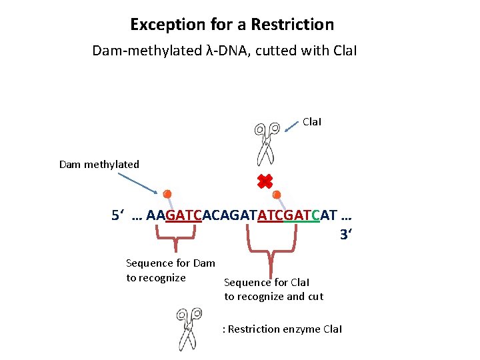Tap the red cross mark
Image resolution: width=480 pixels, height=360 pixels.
[265, 181]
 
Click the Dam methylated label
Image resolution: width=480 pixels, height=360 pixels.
[99, 164]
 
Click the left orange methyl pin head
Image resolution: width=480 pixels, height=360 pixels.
[167, 194]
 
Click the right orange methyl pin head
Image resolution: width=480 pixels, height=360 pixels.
[277, 195]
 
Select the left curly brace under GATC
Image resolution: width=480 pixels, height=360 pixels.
[175, 235]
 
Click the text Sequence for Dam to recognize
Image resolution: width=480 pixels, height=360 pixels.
[170, 270]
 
